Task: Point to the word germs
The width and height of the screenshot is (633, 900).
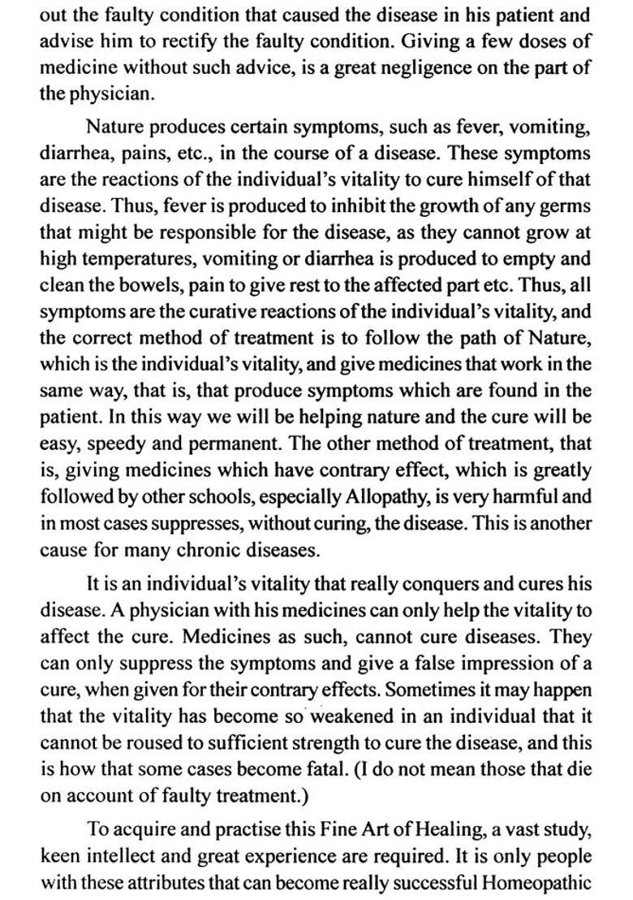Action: click(566, 206)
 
